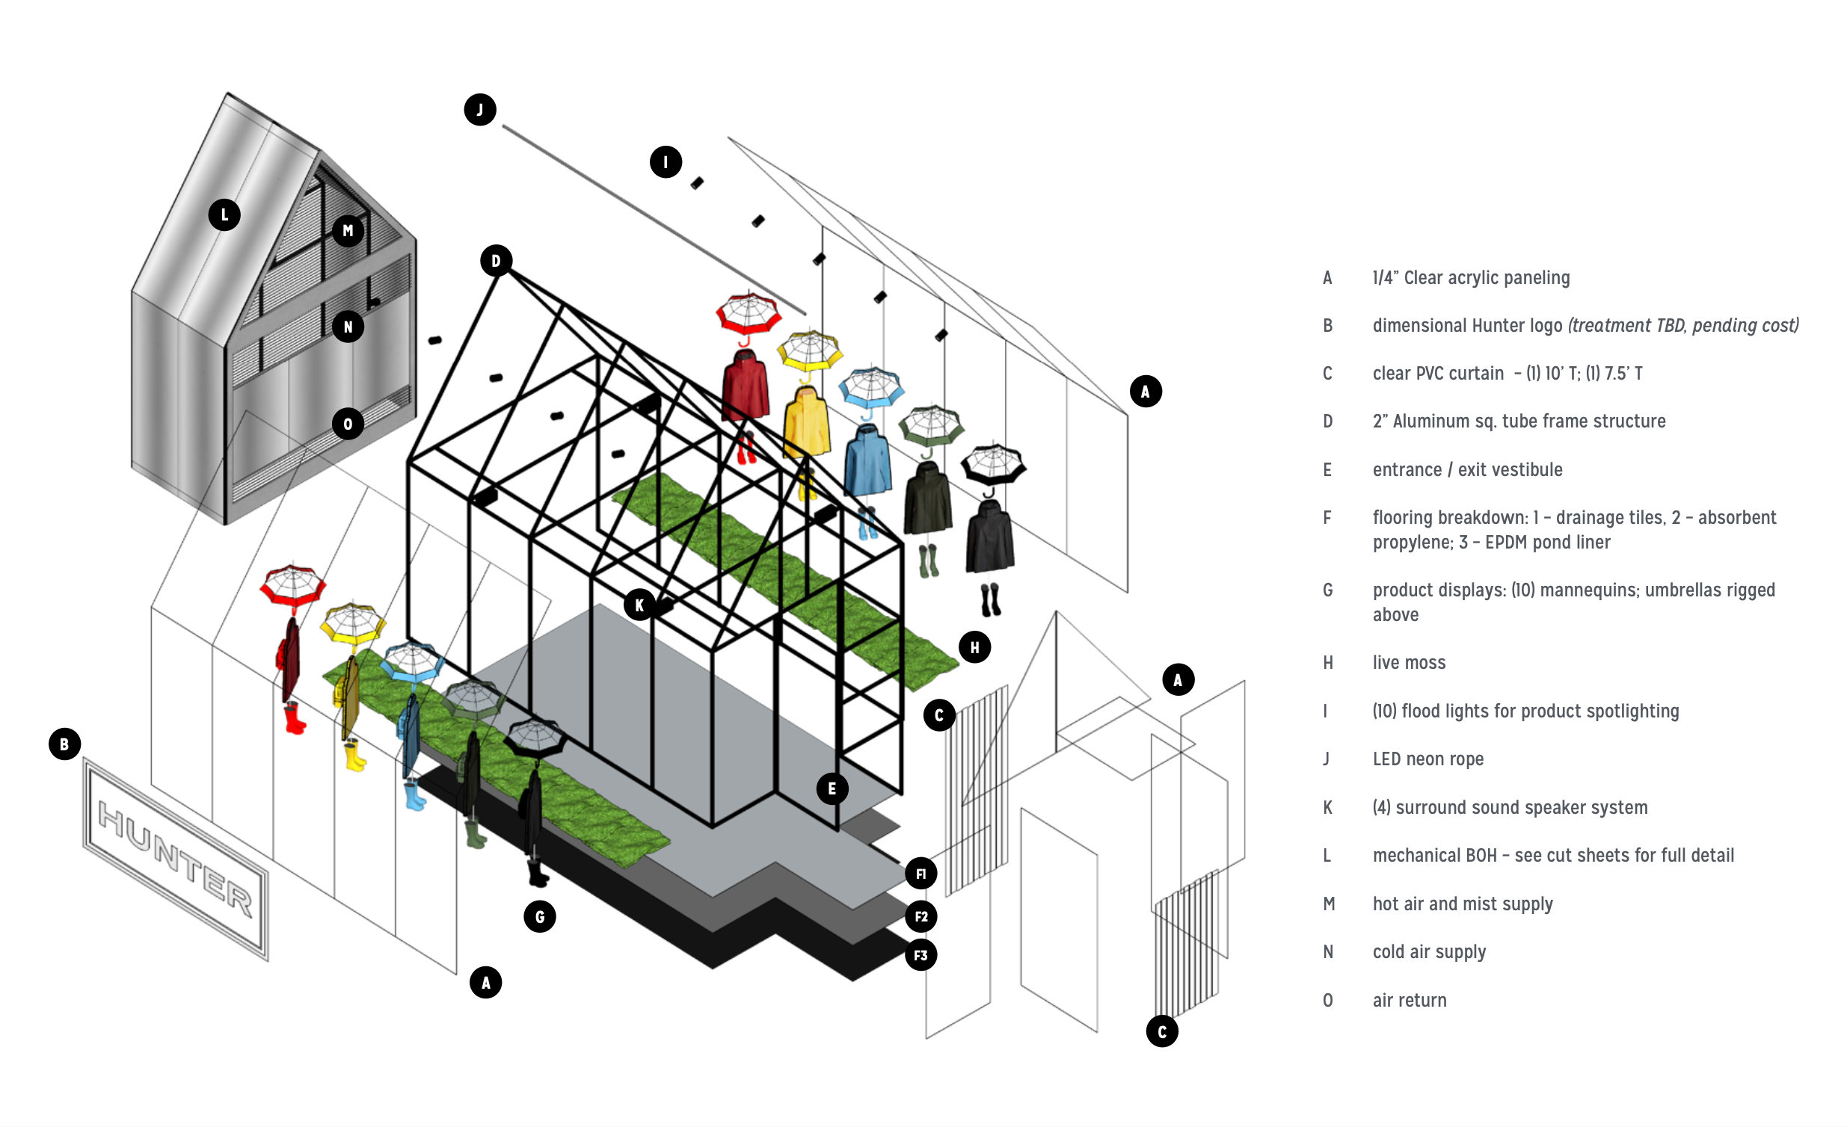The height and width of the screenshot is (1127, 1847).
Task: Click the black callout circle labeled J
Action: pos(480,110)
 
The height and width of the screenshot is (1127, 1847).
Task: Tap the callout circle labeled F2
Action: pos(921,916)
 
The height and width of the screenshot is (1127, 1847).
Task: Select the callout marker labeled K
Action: pos(639,605)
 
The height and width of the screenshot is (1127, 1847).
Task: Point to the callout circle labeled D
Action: pos(496,261)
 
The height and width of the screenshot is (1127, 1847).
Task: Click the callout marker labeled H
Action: pos(974,647)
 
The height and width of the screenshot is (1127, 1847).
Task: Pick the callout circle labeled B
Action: pos(64,744)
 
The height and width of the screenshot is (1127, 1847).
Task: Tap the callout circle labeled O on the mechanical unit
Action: pos(348,424)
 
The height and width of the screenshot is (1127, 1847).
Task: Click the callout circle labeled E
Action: pos(832,788)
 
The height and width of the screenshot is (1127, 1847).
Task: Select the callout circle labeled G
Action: pos(540,916)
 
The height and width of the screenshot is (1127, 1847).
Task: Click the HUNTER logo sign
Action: pos(176,859)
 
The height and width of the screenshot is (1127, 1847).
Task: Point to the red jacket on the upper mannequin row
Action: pos(745,385)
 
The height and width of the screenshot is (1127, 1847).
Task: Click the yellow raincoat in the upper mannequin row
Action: pos(807,424)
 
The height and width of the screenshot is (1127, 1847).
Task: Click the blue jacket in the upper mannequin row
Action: pos(868,461)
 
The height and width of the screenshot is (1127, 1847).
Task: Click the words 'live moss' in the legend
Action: pos(1409,662)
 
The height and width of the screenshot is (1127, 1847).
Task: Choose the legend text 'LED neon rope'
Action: pos(1428,759)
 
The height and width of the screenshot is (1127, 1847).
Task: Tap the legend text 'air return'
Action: pos(1410,1001)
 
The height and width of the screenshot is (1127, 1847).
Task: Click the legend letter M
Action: pos(1328,904)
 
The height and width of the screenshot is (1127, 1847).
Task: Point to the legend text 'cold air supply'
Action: pos(1429,951)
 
